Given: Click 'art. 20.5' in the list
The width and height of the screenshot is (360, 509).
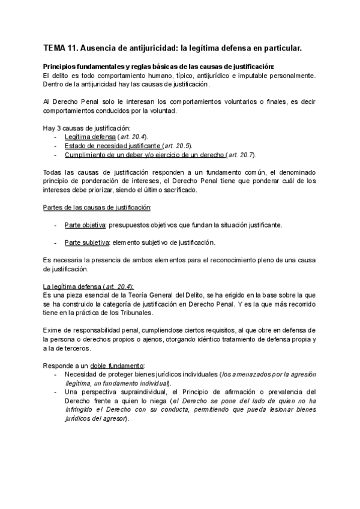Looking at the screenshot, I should point(176,146).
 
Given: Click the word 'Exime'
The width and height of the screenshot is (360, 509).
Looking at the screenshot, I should point(53,330).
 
